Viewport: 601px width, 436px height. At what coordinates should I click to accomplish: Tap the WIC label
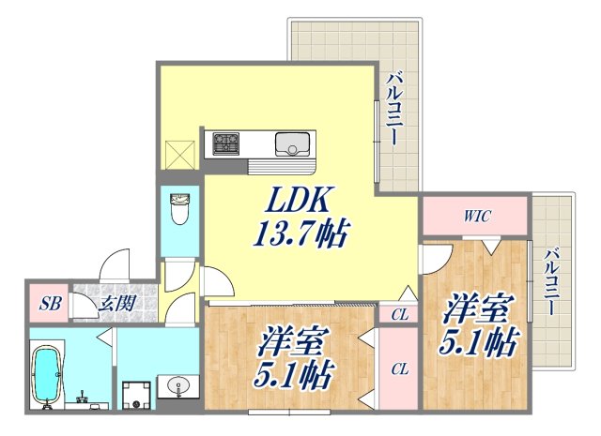coord(476,217)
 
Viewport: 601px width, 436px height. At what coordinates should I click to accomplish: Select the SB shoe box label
coord(45,303)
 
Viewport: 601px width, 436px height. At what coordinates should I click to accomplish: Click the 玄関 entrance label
coord(116,303)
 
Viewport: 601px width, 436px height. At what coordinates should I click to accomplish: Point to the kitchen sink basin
coord(291,144)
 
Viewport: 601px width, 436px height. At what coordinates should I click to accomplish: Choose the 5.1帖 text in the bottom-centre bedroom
coord(293,376)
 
